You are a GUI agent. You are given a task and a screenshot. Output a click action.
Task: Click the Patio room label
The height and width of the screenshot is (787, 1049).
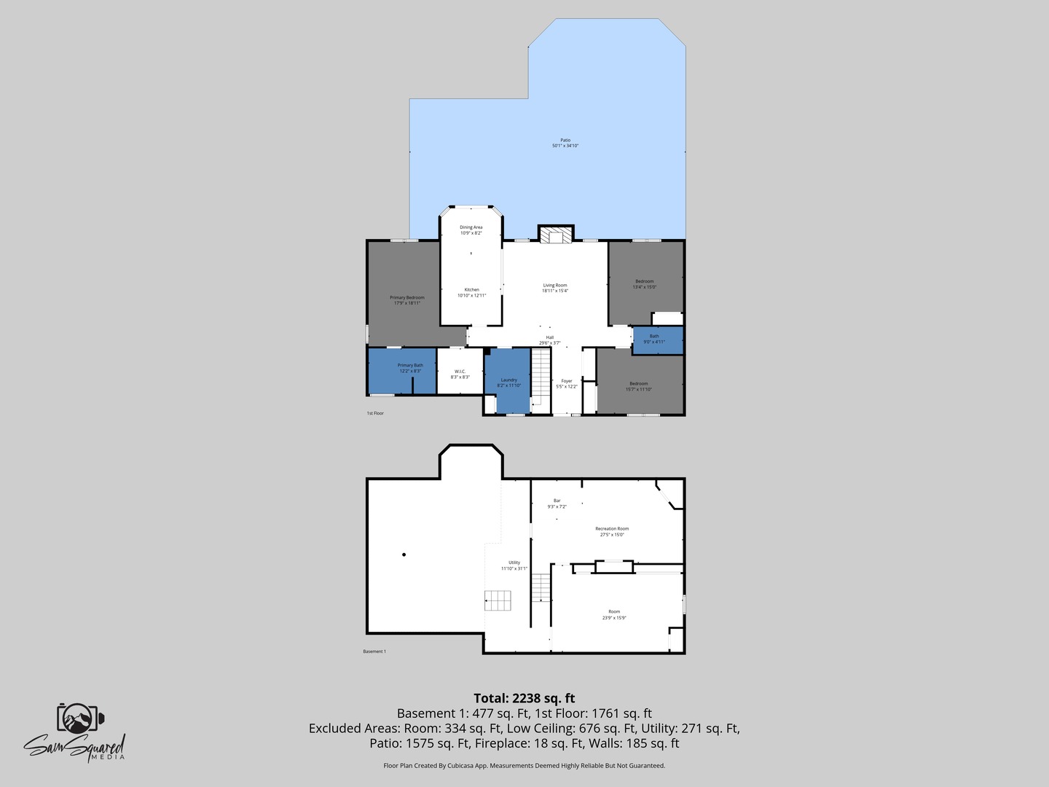[x=565, y=143]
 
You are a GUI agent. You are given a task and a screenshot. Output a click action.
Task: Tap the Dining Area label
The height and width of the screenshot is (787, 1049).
[x=471, y=230]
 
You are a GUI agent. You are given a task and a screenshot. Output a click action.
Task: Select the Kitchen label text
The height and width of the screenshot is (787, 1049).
[x=471, y=292]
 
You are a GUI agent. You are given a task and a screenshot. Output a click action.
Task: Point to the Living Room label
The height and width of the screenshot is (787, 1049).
[x=554, y=288]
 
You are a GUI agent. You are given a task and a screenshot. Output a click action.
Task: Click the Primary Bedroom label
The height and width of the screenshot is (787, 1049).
[x=406, y=300]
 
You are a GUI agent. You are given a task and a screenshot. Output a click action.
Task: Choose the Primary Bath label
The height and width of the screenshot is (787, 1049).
[x=410, y=368]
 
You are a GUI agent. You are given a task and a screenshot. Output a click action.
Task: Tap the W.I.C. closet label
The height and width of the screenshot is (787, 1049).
[x=460, y=374]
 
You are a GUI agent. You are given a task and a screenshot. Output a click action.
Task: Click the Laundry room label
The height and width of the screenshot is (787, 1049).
[x=508, y=383]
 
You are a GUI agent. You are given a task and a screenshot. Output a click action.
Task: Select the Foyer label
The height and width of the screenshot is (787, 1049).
[x=566, y=383]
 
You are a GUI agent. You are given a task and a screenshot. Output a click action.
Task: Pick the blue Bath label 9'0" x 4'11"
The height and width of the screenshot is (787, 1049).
[x=654, y=339]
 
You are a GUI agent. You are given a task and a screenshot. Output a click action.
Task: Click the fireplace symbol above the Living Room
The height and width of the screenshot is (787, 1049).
[x=556, y=235]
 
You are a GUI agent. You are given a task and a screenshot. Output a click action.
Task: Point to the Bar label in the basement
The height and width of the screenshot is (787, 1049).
[x=557, y=504]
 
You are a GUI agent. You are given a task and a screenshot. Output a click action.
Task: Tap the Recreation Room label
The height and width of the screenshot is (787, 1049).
[x=612, y=531]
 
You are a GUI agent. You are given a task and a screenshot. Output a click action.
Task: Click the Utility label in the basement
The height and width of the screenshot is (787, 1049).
[x=514, y=565]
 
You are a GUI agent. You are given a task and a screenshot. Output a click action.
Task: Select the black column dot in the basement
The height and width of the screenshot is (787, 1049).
[x=404, y=555]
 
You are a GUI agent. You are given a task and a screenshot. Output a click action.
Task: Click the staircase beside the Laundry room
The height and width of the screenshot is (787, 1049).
[x=540, y=377]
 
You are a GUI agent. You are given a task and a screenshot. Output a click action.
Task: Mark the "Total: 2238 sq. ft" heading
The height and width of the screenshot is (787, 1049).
[x=524, y=698]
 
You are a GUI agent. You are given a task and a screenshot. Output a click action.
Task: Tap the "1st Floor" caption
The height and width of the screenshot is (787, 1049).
[x=374, y=413]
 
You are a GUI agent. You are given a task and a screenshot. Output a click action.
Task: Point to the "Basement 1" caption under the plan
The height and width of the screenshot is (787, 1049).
[x=374, y=651]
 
